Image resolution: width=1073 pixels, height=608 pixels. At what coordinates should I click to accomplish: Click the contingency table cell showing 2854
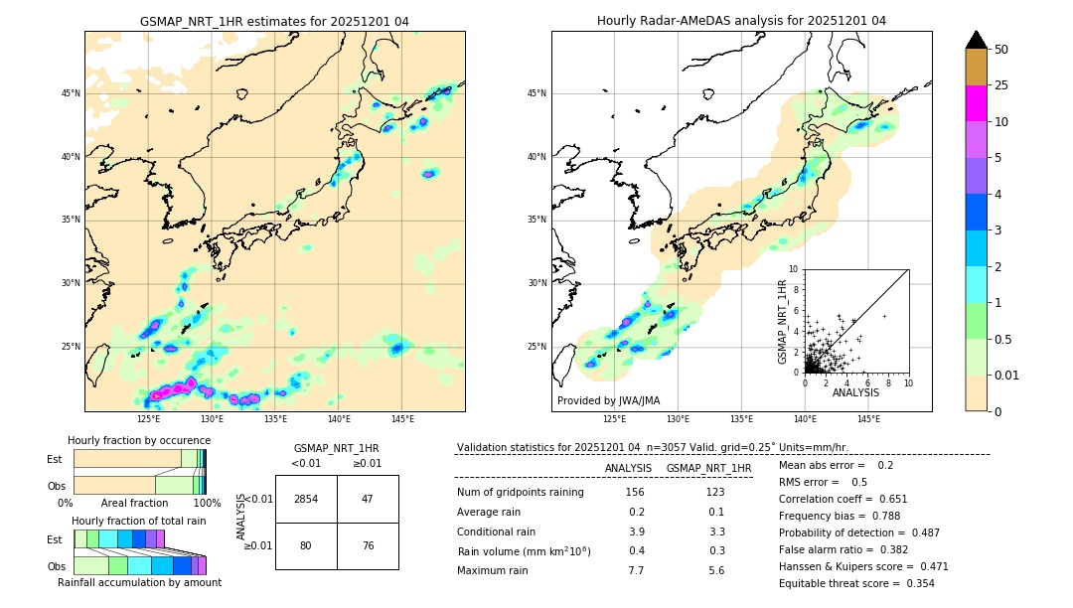pyautogui.click(x=306, y=499)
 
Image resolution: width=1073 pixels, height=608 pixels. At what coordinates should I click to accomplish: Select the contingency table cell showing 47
pyautogui.click(x=368, y=499)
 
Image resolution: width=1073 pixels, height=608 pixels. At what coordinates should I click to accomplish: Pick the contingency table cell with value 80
pyautogui.click(x=306, y=545)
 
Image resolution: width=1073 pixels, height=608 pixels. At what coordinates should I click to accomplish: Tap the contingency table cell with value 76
pyautogui.click(x=368, y=545)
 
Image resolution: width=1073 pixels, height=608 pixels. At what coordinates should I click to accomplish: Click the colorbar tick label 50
pyautogui.click(x=1001, y=50)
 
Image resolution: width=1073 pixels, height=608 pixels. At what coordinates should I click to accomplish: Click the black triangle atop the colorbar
pyautogui.click(x=977, y=40)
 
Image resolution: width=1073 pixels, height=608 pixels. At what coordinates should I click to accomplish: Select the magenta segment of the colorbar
pyautogui.click(x=977, y=103)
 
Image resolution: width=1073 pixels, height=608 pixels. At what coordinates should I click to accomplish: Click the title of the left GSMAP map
pyautogui.click(x=274, y=21)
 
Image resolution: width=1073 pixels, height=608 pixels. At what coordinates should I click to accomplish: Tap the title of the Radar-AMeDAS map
pyautogui.click(x=741, y=21)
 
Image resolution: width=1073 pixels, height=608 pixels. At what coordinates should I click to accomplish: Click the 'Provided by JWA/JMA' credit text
pyautogui.click(x=608, y=400)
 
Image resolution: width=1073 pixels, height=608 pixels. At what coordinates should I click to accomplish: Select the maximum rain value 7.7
pyautogui.click(x=636, y=570)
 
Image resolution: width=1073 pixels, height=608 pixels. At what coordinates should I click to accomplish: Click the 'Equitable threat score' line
pyautogui.click(x=856, y=583)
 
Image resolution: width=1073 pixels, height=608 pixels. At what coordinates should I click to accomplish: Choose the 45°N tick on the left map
pyautogui.click(x=71, y=93)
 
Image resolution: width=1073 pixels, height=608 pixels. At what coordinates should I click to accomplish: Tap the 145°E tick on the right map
pyautogui.click(x=868, y=419)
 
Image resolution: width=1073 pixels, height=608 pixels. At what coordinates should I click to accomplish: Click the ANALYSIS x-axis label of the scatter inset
pyautogui.click(x=855, y=392)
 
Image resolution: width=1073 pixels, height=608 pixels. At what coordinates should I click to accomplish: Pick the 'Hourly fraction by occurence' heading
pyautogui.click(x=139, y=440)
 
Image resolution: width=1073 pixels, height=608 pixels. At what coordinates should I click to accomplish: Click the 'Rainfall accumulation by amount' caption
pyautogui.click(x=139, y=582)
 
